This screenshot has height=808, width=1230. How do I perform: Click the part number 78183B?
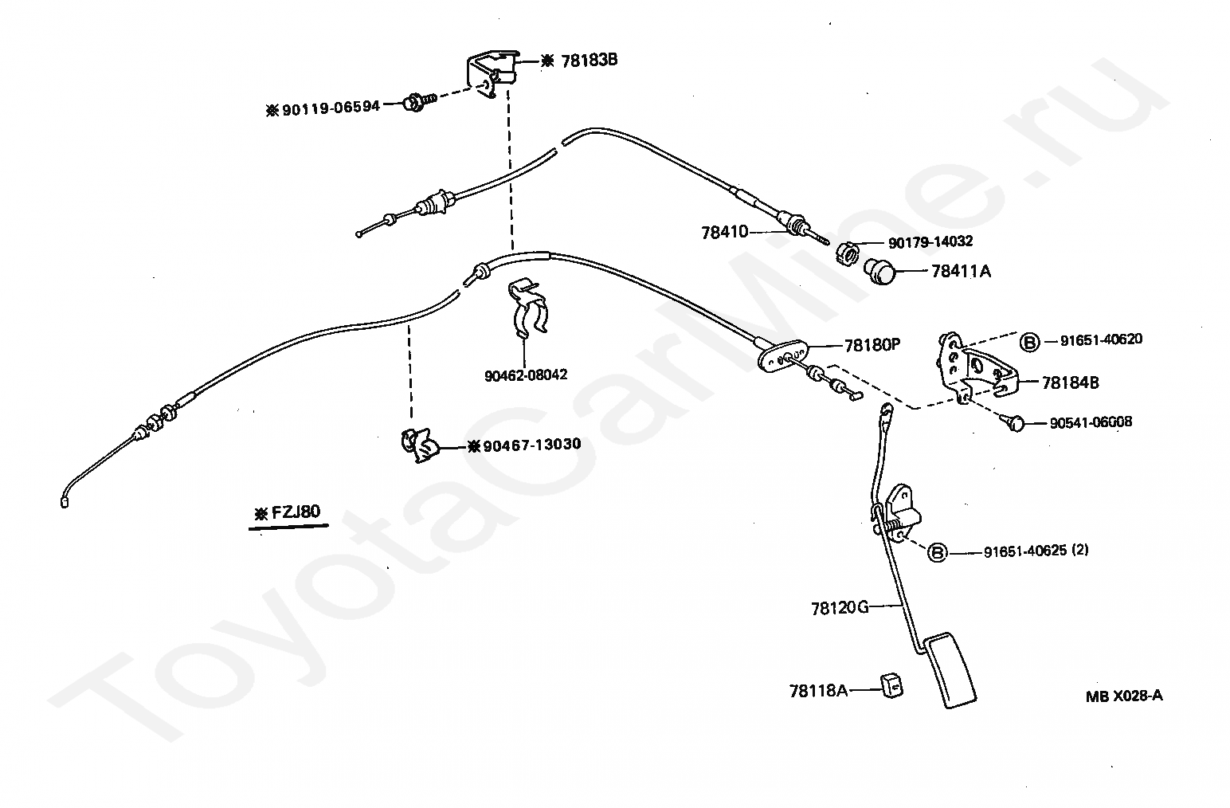click(590, 60)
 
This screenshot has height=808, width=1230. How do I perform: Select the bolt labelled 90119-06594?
click(420, 102)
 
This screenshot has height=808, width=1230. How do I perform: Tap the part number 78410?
click(725, 233)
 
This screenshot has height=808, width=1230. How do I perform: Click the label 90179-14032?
click(930, 241)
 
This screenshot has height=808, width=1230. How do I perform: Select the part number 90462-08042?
click(526, 375)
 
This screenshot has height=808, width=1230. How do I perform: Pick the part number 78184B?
click(1070, 382)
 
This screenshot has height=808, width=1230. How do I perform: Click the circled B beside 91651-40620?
click(1029, 342)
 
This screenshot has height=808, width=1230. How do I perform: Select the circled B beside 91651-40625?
click(938, 552)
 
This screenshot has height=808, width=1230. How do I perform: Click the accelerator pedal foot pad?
click(950, 670)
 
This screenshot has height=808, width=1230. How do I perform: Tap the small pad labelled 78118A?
click(892, 687)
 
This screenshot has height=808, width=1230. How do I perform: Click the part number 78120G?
click(840, 608)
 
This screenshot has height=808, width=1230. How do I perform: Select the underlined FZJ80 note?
click(288, 516)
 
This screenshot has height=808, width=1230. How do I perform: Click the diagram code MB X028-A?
click(1124, 696)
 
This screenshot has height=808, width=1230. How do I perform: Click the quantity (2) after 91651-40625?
click(1079, 550)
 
